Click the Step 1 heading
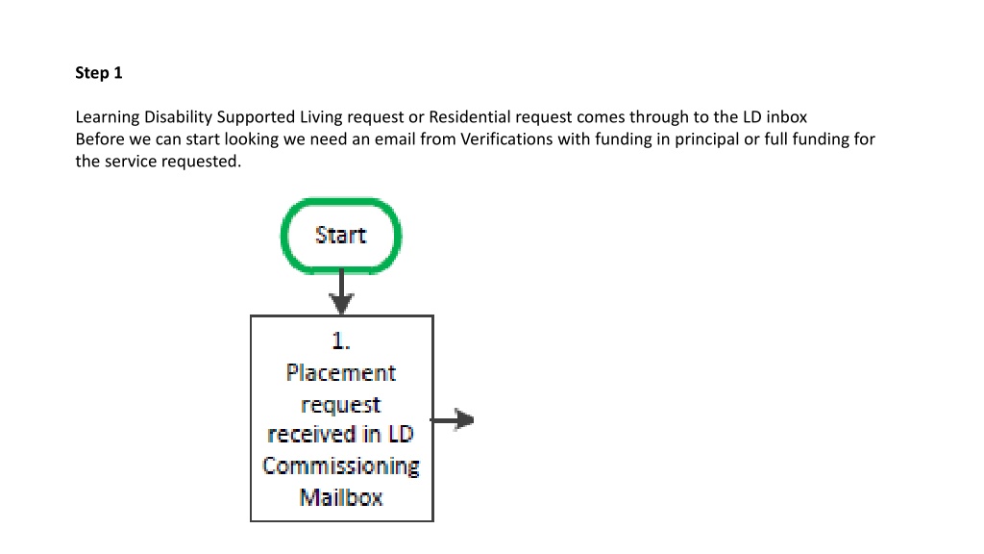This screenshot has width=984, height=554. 99,73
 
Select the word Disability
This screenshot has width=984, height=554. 178,117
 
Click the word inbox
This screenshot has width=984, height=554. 786,116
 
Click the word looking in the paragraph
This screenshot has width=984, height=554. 252,139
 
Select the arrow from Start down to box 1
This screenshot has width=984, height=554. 341,292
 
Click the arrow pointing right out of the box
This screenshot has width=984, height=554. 452,419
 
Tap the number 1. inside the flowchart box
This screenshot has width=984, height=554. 341,341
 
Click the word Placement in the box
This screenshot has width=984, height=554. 341,372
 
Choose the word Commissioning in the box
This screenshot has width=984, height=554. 341,466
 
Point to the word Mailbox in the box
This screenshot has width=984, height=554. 341,497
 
